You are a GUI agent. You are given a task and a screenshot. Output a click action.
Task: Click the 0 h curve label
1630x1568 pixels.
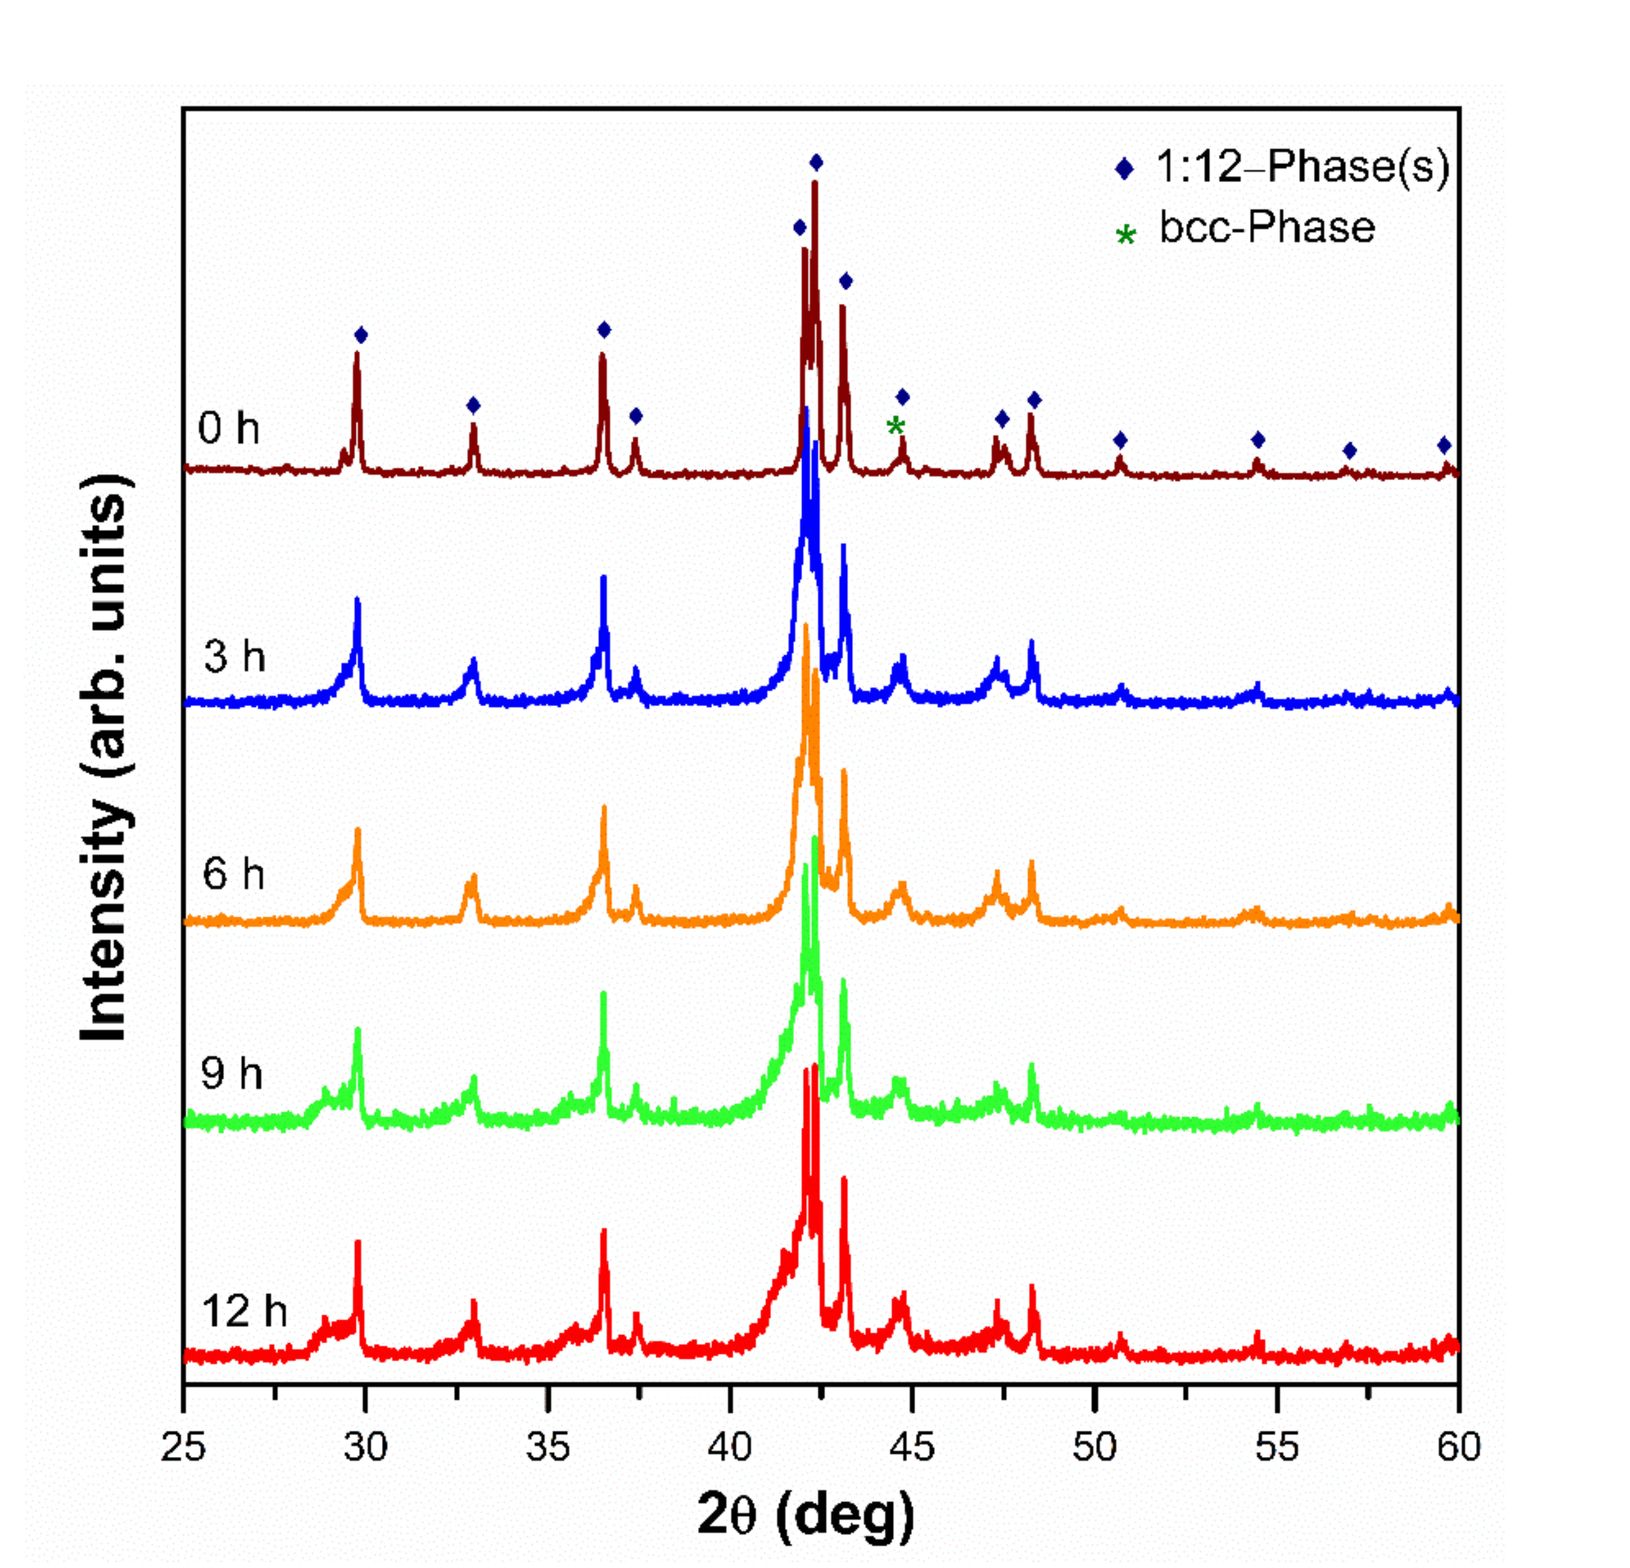coord(228,429)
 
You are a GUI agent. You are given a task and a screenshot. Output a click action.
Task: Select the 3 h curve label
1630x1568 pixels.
coord(234,657)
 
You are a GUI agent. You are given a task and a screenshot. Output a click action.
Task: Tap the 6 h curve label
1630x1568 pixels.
coord(234,874)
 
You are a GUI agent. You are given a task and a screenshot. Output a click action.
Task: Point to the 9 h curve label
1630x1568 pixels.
coord(231,1073)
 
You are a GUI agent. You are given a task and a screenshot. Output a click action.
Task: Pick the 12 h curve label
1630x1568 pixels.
coord(243,1311)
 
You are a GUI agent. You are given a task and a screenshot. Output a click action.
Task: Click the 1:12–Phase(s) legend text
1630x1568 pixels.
coord(1302,167)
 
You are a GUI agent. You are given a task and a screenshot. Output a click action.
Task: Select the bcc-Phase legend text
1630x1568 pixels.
coord(1267,228)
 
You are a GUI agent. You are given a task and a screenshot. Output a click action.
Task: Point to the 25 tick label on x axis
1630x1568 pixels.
coord(183,1447)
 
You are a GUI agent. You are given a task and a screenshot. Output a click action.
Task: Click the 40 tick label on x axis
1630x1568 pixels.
coord(729,1447)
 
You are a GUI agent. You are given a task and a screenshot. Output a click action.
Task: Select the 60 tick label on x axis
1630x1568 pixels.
coord(1459,1447)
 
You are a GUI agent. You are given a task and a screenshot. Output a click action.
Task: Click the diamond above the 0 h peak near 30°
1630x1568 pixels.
coord(360,336)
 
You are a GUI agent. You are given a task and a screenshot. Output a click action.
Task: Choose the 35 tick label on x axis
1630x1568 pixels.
coord(547,1447)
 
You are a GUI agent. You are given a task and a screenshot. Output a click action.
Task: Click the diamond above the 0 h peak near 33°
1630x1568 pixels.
coord(473,405)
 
